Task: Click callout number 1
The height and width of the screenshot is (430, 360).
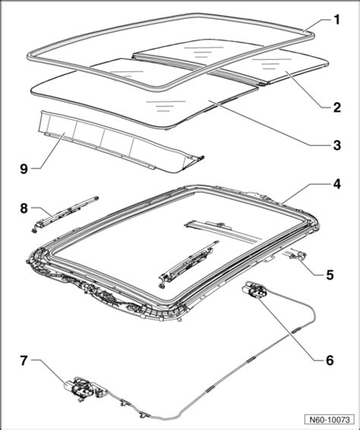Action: (x=336, y=20)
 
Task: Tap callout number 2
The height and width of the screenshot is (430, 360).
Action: (x=336, y=107)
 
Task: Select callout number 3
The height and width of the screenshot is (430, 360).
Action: (x=336, y=145)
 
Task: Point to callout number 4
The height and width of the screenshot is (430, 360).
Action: (x=336, y=184)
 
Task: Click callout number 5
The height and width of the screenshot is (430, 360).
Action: (x=330, y=275)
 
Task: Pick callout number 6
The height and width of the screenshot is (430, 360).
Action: (x=330, y=360)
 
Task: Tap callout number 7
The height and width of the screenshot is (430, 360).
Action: (x=24, y=360)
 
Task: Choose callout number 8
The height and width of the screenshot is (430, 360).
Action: (x=24, y=208)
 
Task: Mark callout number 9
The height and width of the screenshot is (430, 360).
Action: (x=24, y=169)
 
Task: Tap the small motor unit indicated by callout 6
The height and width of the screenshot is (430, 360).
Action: (x=254, y=290)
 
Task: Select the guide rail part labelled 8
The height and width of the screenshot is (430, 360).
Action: (x=65, y=215)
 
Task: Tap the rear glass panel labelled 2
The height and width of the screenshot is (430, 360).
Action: (x=230, y=62)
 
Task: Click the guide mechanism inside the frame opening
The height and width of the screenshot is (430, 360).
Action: (x=188, y=264)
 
